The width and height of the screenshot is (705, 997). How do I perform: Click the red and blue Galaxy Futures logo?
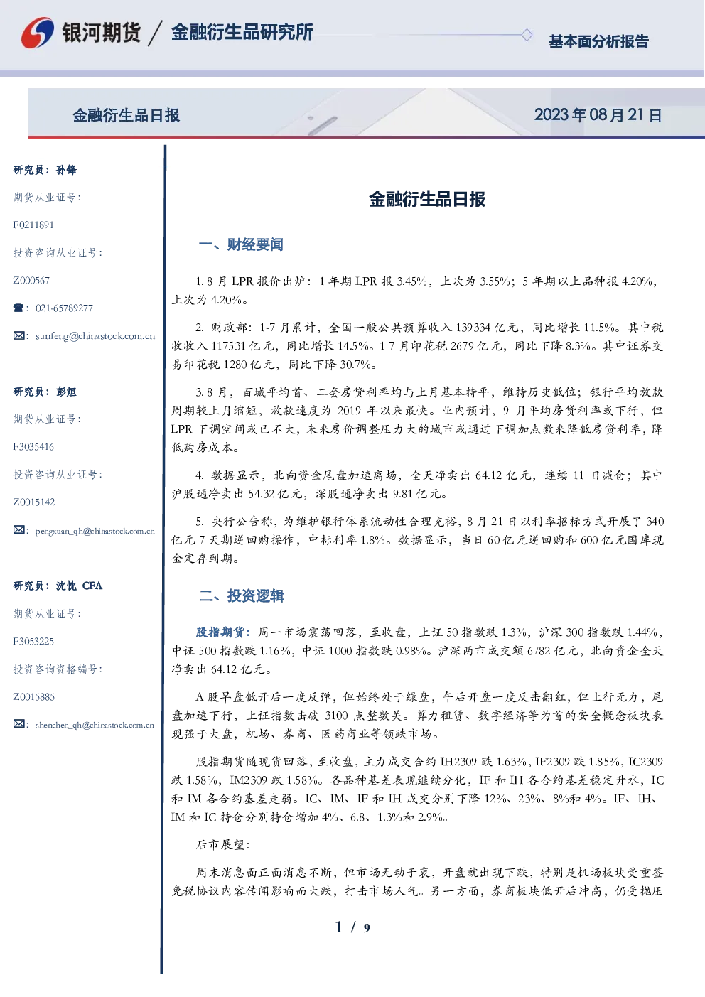[x=38, y=33]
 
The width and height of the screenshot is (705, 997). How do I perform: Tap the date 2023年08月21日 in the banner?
[x=598, y=115]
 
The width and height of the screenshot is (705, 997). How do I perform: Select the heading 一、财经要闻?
[x=241, y=244]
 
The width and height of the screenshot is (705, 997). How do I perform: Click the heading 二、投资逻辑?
[x=241, y=595]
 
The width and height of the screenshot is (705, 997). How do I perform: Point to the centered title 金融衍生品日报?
[x=427, y=199]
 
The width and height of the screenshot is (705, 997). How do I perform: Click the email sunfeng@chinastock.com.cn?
[x=95, y=336]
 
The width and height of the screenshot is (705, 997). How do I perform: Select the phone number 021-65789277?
[x=64, y=308]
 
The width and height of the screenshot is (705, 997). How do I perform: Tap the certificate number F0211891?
[x=33, y=225]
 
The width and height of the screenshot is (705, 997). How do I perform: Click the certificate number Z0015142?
[x=34, y=502]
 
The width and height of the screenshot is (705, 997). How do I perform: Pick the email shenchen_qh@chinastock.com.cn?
[x=95, y=725]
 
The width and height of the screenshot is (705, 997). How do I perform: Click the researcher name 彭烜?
[x=66, y=392]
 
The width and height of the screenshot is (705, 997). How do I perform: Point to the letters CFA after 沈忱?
[x=92, y=586]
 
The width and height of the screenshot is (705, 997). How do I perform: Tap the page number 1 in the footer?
[x=339, y=927]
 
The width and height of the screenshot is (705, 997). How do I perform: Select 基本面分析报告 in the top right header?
[x=598, y=41]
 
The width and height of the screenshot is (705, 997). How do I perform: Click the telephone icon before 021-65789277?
[x=18, y=308]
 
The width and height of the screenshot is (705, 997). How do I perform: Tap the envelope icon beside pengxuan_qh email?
[x=18, y=530]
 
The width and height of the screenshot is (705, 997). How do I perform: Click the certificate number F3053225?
[x=33, y=642]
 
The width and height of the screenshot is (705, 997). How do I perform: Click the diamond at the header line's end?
[x=527, y=35]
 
